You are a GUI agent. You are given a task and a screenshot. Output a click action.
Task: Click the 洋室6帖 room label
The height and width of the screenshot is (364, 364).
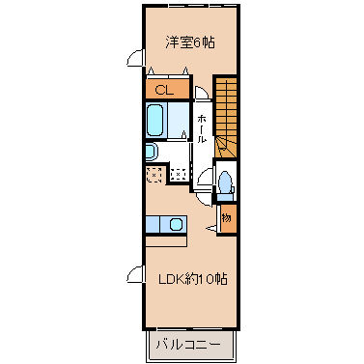click(x=190, y=42)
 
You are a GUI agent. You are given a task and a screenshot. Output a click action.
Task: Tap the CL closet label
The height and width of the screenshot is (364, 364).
click(x=164, y=90)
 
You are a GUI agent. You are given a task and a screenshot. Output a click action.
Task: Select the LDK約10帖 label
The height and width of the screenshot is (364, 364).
click(x=193, y=279)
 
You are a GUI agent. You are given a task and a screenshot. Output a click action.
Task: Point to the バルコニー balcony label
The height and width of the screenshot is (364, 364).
click(x=188, y=345)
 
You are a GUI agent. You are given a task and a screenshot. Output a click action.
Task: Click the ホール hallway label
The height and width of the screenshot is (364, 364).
click(x=201, y=128)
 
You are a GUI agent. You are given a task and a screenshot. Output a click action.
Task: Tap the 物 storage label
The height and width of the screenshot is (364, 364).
click(x=227, y=218)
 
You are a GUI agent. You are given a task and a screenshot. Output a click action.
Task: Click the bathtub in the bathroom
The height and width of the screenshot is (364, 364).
click(x=154, y=121)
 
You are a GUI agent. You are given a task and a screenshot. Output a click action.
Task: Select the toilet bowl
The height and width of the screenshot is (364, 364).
click(x=225, y=182)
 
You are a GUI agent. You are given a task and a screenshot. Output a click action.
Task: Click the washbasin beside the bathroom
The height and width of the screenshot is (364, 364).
click(x=152, y=153)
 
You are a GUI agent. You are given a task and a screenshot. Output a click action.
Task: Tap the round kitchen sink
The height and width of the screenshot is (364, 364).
click(x=176, y=224)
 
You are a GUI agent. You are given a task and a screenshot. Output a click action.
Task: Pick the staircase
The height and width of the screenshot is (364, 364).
click(x=226, y=117)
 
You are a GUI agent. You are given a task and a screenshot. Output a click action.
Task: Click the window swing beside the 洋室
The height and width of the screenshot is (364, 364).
click(x=135, y=58)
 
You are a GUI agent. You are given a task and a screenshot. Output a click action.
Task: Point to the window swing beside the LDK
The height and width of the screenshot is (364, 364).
click(x=135, y=274)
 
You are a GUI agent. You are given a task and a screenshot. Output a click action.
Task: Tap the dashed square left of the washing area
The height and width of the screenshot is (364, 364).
click(x=154, y=175)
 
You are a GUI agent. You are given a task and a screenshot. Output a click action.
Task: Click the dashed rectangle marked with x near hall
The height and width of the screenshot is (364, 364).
click(x=178, y=174)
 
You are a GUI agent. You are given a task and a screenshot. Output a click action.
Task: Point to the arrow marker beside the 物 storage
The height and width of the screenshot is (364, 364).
click(x=211, y=228)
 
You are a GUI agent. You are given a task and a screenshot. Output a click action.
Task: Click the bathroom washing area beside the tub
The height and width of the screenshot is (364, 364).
click(x=178, y=121)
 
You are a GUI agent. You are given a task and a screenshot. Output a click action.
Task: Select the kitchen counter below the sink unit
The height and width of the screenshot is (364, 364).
click(x=166, y=241)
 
